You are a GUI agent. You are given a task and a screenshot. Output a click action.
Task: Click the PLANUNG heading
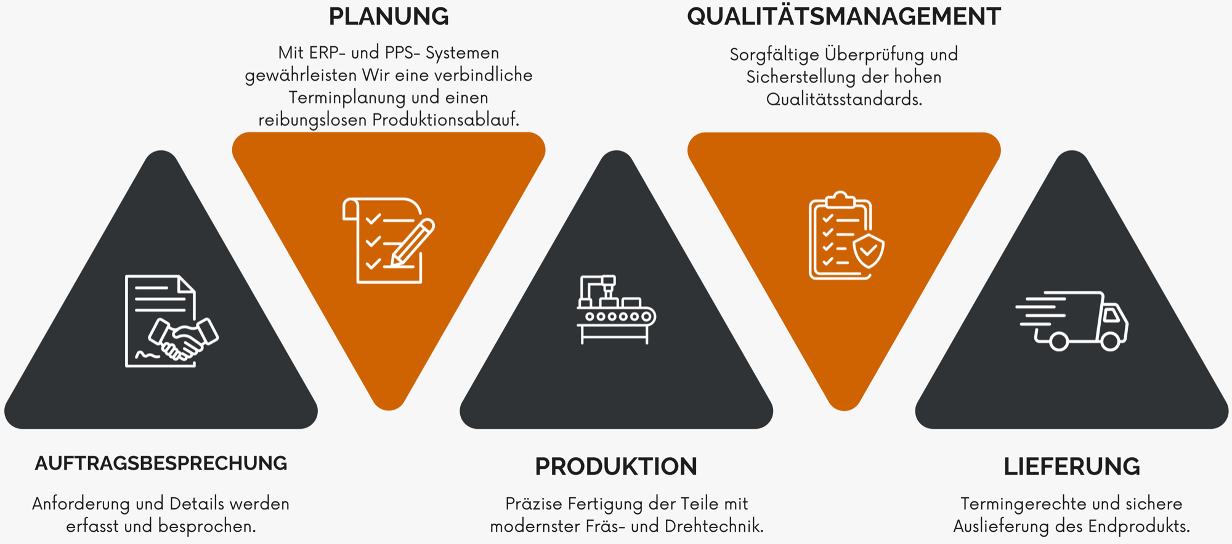point(389,17)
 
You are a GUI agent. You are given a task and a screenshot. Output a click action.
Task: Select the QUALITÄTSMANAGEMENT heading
point(843,17)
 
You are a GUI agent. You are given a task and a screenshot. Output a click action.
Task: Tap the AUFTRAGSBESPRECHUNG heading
point(161,463)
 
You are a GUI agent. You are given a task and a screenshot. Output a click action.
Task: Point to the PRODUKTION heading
point(615,466)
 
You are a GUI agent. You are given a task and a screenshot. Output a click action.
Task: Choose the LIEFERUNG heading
point(1071,466)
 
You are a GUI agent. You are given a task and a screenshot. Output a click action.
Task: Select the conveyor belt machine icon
point(616,309)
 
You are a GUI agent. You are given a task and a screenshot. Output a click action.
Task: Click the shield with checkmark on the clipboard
point(869,250)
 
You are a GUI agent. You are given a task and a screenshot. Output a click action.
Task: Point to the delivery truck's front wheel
point(1110,341)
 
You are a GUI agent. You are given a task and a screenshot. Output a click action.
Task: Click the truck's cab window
point(1111,315)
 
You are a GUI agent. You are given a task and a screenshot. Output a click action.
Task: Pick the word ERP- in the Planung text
point(327,53)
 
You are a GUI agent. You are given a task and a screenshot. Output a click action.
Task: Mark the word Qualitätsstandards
point(844,99)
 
